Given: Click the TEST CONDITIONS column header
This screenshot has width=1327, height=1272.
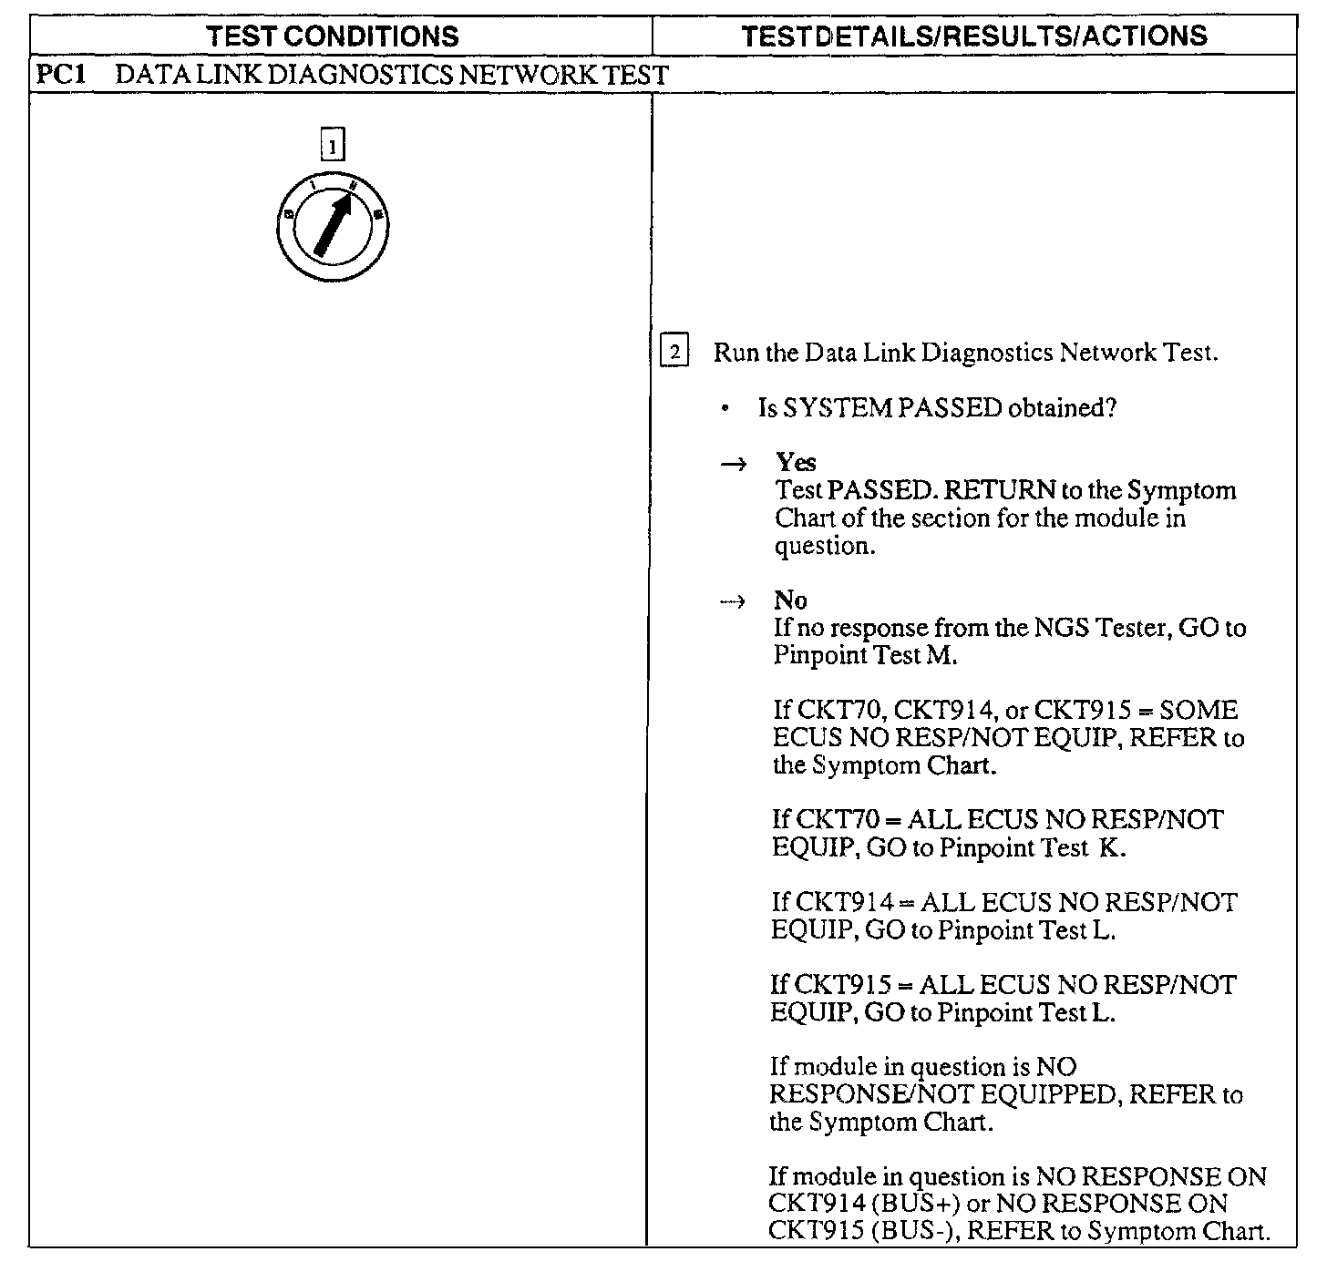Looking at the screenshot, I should (332, 36).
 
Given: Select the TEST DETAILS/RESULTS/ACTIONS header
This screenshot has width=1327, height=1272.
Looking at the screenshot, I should (973, 36).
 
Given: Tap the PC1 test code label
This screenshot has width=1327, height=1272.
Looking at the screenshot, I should (60, 75).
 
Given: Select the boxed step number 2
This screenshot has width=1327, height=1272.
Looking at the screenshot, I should (674, 352).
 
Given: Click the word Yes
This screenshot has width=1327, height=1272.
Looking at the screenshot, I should (796, 462).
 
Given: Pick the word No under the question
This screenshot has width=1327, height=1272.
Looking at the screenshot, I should (790, 600).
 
